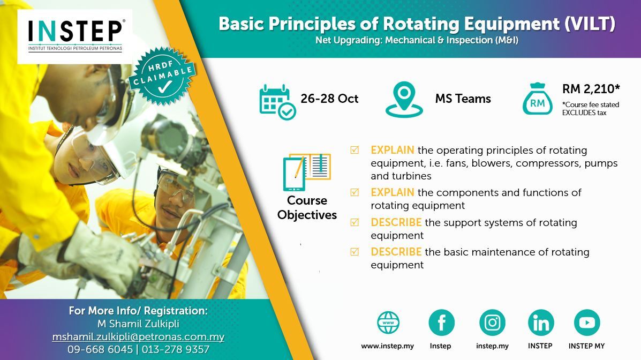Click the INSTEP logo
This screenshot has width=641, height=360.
tap(75, 36)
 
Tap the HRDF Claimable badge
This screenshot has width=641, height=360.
tap(163, 76)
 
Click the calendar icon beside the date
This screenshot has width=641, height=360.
tap(277, 102)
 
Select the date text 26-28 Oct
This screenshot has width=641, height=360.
tap(329, 99)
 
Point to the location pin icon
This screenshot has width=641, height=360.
tap(404, 100)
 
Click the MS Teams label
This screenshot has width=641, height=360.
tap(463, 99)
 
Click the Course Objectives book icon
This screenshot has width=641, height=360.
tap(307, 172)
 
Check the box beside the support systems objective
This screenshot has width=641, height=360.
tap(355, 222)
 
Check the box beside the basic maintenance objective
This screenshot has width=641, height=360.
tap(355, 252)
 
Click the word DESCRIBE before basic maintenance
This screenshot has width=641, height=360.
tap(396, 252)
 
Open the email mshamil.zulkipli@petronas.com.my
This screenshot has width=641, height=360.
tap(138, 336)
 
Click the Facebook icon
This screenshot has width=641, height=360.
tap(441, 322)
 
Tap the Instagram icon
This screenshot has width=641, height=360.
tap(492, 322)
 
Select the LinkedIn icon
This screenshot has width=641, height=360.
tap(541, 322)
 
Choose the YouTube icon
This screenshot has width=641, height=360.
tap(587, 322)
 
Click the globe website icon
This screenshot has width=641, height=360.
tap(388, 322)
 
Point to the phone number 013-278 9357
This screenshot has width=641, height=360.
tap(175, 349)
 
